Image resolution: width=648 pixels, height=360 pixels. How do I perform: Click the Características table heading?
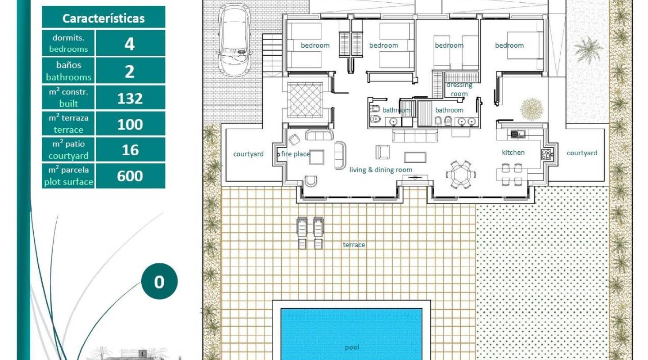(x=103, y=18)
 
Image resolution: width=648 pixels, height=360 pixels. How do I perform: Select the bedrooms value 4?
(x=130, y=44)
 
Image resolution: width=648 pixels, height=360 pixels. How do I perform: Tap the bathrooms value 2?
(x=130, y=71)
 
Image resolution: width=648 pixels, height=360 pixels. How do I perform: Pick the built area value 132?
(x=130, y=98)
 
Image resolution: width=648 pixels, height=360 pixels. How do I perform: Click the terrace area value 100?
(x=130, y=124)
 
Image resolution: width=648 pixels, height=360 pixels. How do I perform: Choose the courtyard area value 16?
(x=130, y=150)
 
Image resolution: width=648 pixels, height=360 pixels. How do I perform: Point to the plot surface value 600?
(x=130, y=176)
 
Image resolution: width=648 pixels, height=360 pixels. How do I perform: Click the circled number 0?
(x=159, y=282)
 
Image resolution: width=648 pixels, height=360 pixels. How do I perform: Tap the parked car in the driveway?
(x=234, y=40)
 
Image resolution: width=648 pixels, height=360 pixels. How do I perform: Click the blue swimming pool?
(x=351, y=333)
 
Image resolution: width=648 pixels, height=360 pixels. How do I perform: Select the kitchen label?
(x=513, y=153)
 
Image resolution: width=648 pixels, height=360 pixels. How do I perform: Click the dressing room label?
(x=459, y=89)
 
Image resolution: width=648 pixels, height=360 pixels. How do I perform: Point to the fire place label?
(x=296, y=154)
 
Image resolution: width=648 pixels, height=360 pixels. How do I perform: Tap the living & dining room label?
(x=381, y=170)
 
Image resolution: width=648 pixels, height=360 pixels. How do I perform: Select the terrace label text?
(x=354, y=245)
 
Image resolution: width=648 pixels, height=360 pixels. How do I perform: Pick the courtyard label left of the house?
(x=248, y=154)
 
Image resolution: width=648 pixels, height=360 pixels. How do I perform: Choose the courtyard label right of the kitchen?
(x=582, y=153)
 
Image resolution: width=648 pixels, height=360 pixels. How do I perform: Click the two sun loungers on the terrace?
(x=310, y=233)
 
